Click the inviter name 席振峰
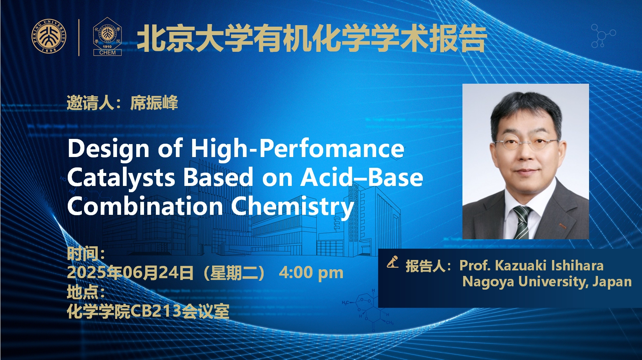[x=154, y=103]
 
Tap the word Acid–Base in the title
[x=361, y=177]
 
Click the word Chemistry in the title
[x=292, y=207]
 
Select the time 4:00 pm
[x=311, y=273]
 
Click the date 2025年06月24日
[x=130, y=273]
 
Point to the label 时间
[x=83, y=254]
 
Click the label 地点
[x=83, y=292]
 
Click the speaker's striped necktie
[x=521, y=222]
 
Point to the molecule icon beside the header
[x=602, y=36]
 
